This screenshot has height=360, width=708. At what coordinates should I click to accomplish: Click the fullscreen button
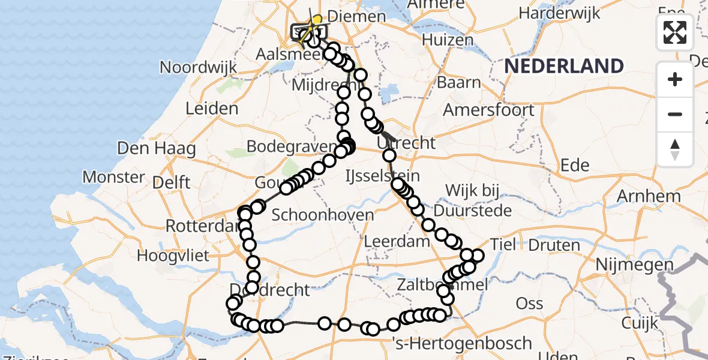(675, 32)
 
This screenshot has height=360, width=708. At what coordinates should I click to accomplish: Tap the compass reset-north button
(675, 149)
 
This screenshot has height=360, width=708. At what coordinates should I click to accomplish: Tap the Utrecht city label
(407, 143)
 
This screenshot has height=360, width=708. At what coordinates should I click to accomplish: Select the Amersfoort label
(488, 110)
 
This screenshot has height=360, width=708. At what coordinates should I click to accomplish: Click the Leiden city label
(212, 109)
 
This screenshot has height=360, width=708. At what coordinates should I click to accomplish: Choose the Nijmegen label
(630, 264)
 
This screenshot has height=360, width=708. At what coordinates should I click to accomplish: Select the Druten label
(554, 245)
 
